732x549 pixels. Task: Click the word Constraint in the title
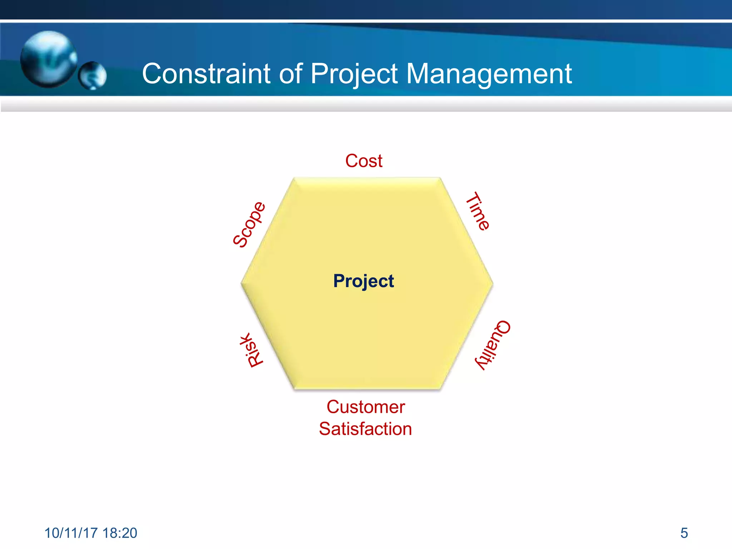(206, 74)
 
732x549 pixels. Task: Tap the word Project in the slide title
(354, 74)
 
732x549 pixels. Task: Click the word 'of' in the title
(290, 74)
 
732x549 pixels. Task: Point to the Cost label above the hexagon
(364, 161)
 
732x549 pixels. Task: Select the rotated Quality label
(493, 345)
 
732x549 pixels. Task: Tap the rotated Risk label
(252, 350)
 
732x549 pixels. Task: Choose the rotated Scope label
(249, 224)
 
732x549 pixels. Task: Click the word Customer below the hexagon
(366, 407)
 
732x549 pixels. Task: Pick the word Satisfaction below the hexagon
(365, 429)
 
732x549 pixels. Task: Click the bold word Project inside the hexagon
(363, 281)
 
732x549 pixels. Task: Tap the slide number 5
(684, 533)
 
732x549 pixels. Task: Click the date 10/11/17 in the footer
(71, 533)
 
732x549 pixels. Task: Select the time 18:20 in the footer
(120, 533)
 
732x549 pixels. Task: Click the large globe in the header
(48, 59)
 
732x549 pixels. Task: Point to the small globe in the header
(92, 75)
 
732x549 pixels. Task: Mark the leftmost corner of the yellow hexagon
(242, 284)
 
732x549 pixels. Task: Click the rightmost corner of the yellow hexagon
(493, 284)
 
